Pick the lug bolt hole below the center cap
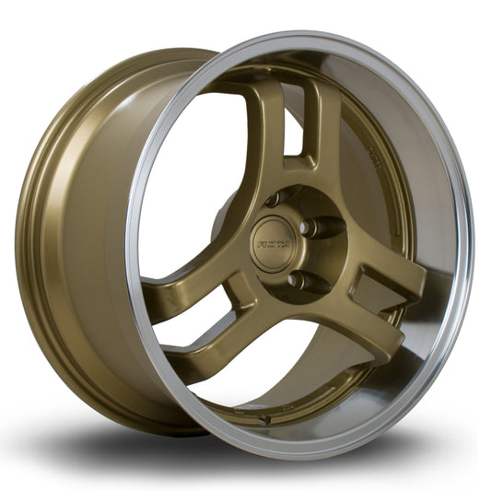294,278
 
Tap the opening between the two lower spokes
276,368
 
